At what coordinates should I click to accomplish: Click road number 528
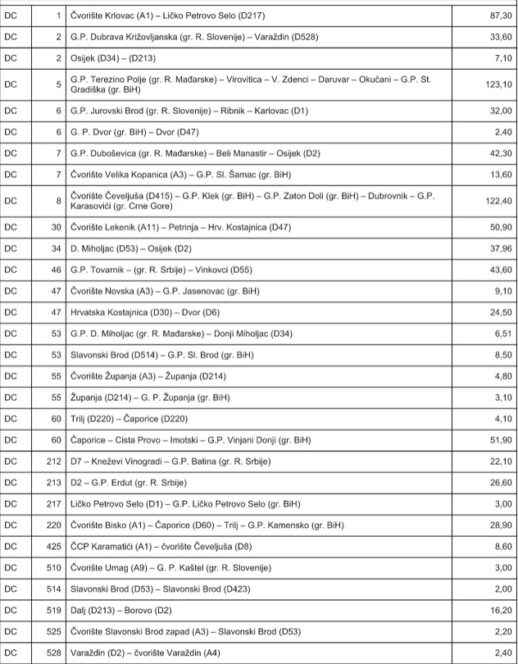coord(54,653)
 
